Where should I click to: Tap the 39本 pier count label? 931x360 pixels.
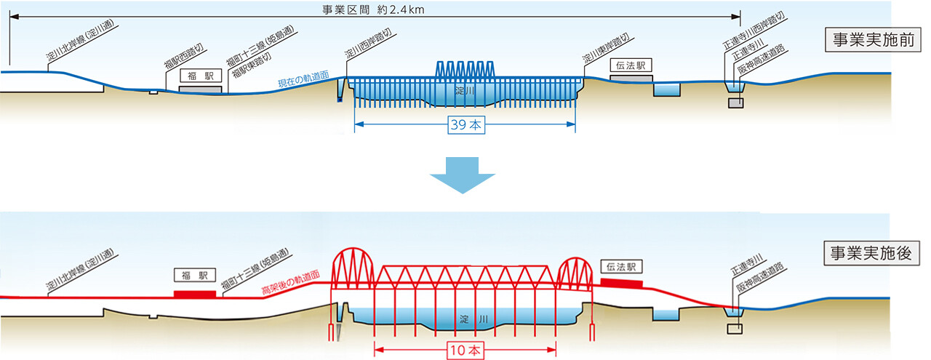[465, 126]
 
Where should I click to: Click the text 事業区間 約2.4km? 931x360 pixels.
[373, 9]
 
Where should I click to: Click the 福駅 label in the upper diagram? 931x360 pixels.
[200, 74]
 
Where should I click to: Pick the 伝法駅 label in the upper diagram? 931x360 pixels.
[631, 65]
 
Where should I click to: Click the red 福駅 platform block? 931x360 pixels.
[195, 294]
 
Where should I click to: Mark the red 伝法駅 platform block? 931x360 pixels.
[621, 283]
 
